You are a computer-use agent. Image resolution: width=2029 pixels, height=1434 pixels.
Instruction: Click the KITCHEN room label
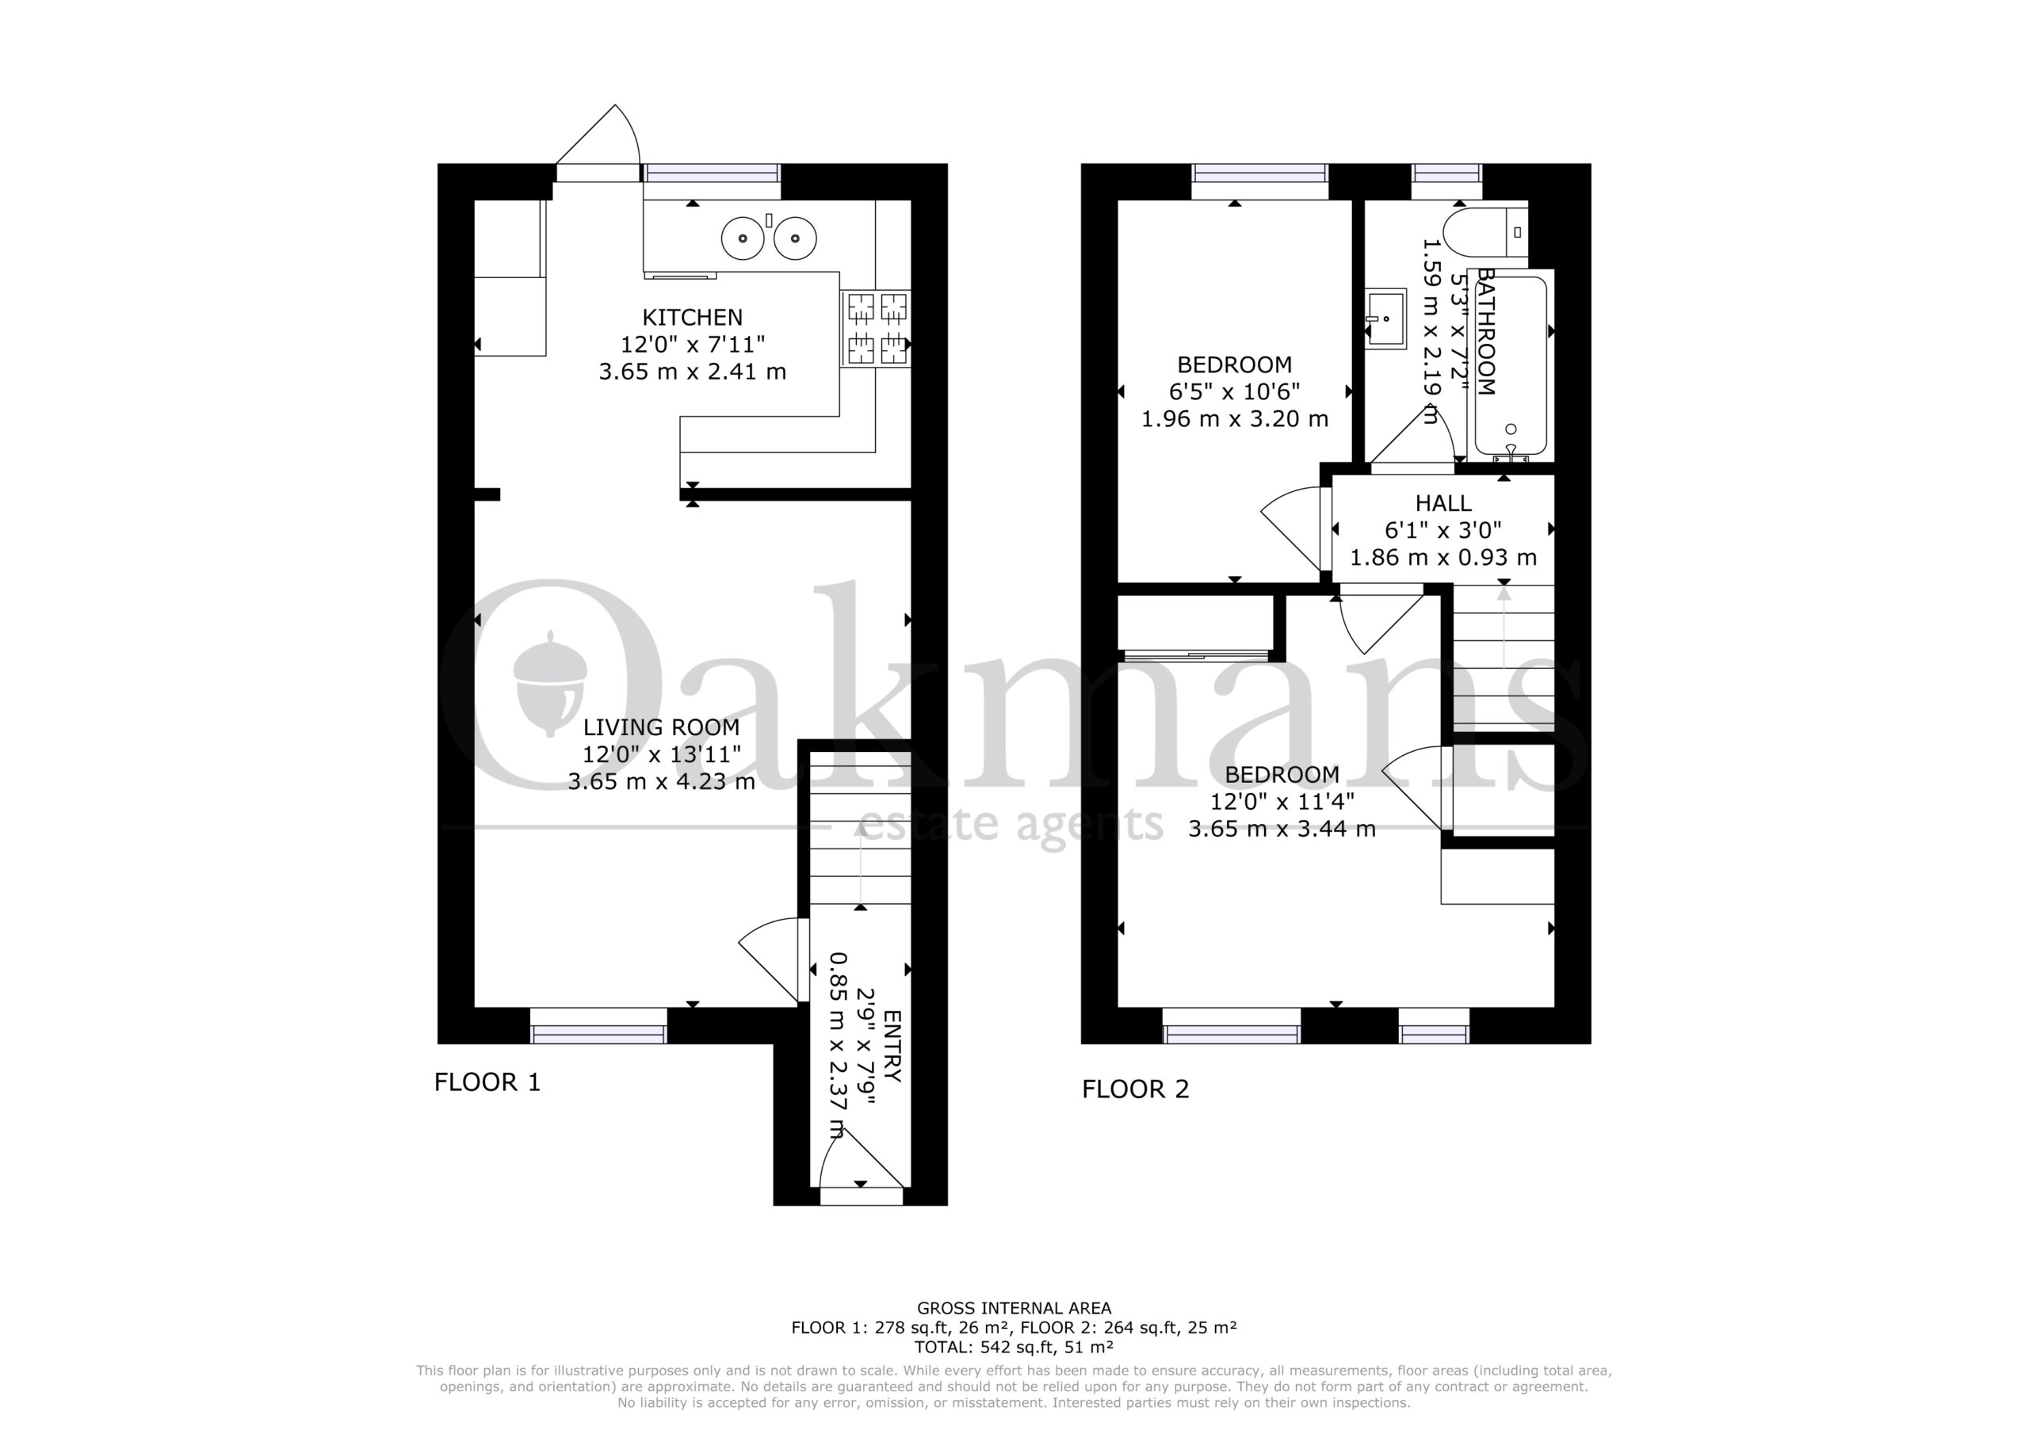[x=692, y=317]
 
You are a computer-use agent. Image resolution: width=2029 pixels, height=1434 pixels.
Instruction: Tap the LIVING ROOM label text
[x=661, y=727]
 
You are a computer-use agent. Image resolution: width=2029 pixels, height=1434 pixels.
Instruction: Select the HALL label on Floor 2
[x=1443, y=504]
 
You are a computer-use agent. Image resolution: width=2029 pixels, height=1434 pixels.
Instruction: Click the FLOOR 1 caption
[x=487, y=1082]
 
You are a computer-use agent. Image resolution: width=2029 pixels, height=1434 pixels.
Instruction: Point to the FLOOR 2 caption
[x=1136, y=1089]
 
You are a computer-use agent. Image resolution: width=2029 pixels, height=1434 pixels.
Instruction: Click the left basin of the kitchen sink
[x=743, y=238]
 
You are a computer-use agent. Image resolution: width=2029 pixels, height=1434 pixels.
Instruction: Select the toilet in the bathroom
[x=1485, y=232]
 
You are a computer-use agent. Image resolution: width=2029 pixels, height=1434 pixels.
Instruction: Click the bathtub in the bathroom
[x=1511, y=366]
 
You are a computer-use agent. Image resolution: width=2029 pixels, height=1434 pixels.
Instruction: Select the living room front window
[x=599, y=1026]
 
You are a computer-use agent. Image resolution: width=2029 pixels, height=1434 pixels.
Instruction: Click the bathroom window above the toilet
[x=1446, y=181]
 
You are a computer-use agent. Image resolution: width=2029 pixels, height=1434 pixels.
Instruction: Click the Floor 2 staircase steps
[x=1504, y=658]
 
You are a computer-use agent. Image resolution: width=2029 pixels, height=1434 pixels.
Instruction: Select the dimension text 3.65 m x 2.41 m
[x=692, y=372]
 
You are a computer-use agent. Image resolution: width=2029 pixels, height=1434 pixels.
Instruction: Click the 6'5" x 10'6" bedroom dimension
[x=1235, y=391]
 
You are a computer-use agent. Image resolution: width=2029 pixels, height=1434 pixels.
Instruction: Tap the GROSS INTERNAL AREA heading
[x=1014, y=1309]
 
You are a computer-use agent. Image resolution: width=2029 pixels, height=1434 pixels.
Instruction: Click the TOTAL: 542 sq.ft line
[x=1014, y=1348]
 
